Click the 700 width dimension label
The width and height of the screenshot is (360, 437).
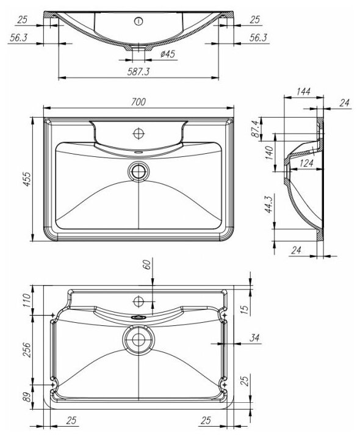tap(139, 102)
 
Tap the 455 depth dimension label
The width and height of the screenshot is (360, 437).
tap(27, 179)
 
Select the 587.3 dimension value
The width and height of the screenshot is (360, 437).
tap(139, 71)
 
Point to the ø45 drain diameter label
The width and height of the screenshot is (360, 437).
tap(168, 54)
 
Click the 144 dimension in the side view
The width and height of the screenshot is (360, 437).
tap(303, 92)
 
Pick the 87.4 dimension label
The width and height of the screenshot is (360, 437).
tap(256, 129)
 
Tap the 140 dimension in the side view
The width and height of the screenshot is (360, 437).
tap(269, 153)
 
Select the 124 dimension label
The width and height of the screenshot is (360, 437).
tap(307, 163)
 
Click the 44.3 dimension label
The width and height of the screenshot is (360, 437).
tap(269, 204)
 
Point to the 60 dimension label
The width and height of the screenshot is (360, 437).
tap(147, 264)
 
